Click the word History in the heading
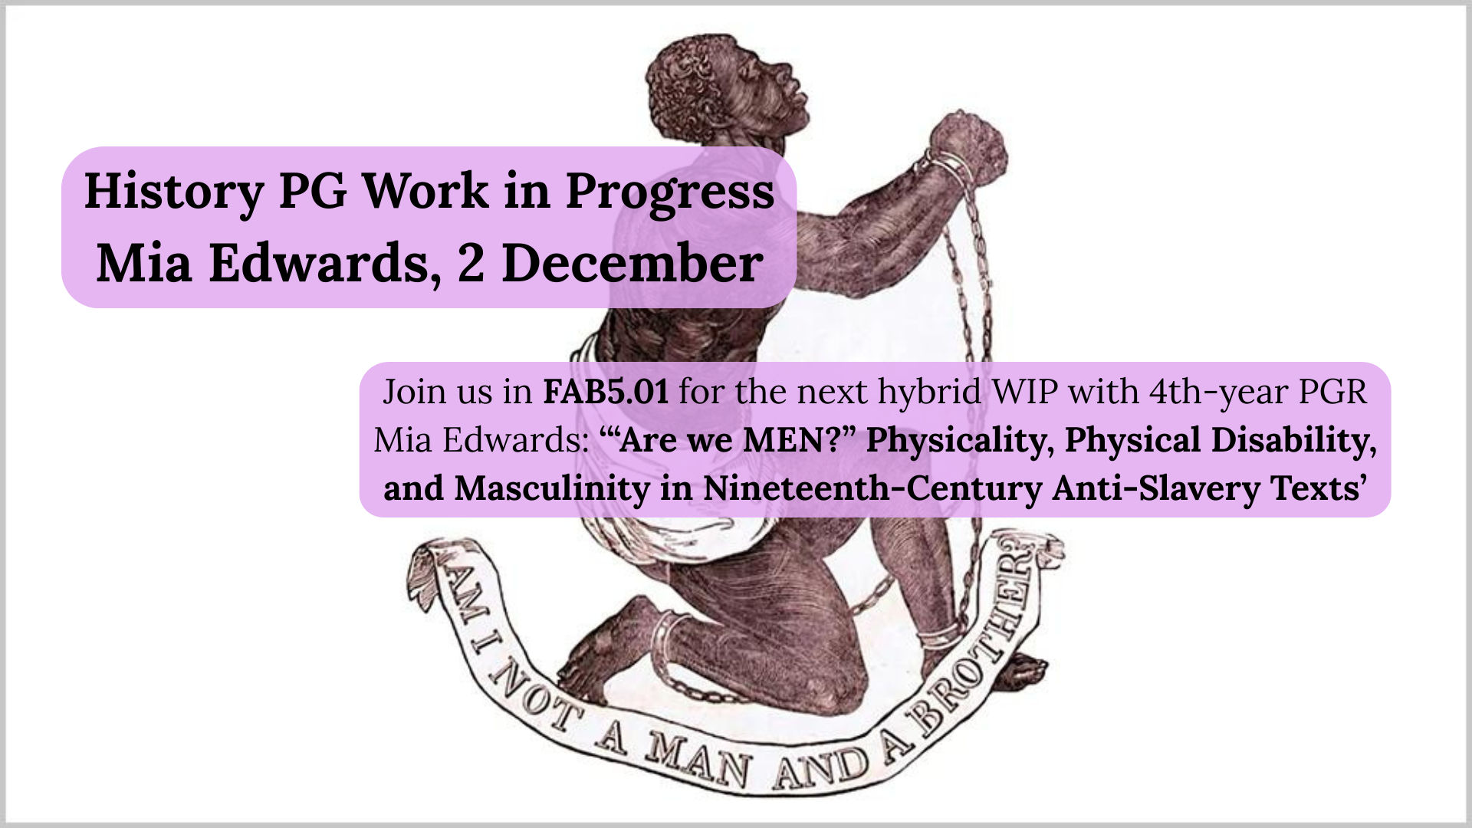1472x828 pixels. click(x=174, y=192)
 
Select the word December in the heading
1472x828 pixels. click(x=632, y=263)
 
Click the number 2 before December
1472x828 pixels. click(x=471, y=263)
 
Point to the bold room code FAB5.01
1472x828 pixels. click(x=606, y=392)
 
